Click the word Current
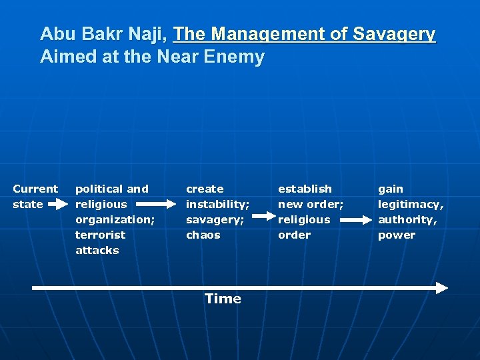(35, 189)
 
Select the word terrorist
(101, 235)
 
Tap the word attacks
(97, 250)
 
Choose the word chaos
(203, 235)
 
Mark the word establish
(305, 189)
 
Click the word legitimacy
(410, 204)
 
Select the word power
(396, 235)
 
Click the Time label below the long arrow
(223, 299)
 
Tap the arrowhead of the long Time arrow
(441, 288)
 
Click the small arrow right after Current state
(59, 204)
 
